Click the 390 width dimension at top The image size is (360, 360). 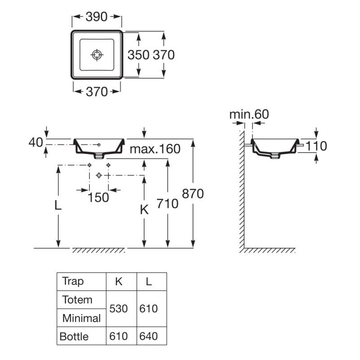[x=96, y=17]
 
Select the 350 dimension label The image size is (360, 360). [x=139, y=55]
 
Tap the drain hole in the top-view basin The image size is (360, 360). [x=97, y=55]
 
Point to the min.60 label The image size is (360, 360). [x=249, y=114]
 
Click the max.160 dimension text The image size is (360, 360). [x=155, y=149]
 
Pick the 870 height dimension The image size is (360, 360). [x=193, y=193]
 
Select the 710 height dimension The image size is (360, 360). [x=167, y=204]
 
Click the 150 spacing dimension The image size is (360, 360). [x=99, y=198]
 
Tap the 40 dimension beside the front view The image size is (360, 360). [x=36, y=142]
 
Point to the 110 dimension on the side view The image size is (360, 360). [x=316, y=146]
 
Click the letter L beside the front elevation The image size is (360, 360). [x=58, y=206]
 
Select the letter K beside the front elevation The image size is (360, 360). [x=144, y=210]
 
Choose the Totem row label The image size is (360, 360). [x=77, y=300]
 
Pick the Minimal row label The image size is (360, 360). [x=81, y=318]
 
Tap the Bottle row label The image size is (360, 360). [x=74, y=337]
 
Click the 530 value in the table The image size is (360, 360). [x=118, y=309]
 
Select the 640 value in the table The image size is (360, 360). [x=148, y=336]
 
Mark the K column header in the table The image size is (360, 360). [x=119, y=282]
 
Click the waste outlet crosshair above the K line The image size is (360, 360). [x=99, y=175]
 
